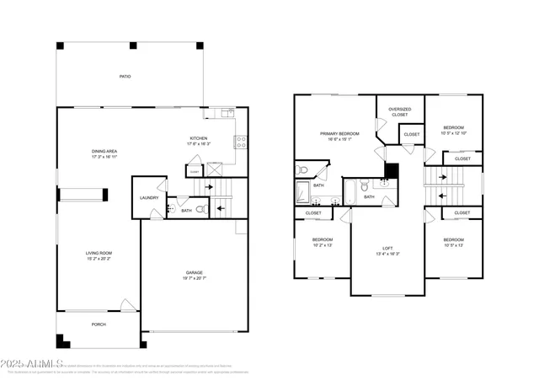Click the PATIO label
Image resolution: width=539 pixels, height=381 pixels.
coord(124,76)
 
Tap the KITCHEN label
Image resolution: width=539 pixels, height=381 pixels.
coord(199,138)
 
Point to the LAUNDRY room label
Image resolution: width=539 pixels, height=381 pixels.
coord(148,199)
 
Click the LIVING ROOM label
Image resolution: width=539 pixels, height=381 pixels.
coord(99,253)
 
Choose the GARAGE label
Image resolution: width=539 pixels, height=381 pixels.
coord(195,272)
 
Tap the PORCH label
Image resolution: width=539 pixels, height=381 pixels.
coord(99,324)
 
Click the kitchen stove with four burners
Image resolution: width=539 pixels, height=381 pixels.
coord(240,142)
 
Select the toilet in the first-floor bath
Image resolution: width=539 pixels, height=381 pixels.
coord(200,211)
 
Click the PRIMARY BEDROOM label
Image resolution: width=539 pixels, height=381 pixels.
coord(339,133)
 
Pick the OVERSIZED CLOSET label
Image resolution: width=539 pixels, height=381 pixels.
coord(400,111)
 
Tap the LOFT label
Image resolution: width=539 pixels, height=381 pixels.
coord(387,248)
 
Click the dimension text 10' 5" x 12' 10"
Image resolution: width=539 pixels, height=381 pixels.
coord(455,133)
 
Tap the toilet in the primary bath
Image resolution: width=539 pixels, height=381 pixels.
coord(303,170)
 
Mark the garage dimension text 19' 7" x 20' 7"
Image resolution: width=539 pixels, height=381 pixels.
coord(195,278)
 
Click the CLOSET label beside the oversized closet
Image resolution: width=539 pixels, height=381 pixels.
coord(412,134)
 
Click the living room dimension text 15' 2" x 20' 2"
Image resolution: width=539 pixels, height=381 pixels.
coord(99,259)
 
